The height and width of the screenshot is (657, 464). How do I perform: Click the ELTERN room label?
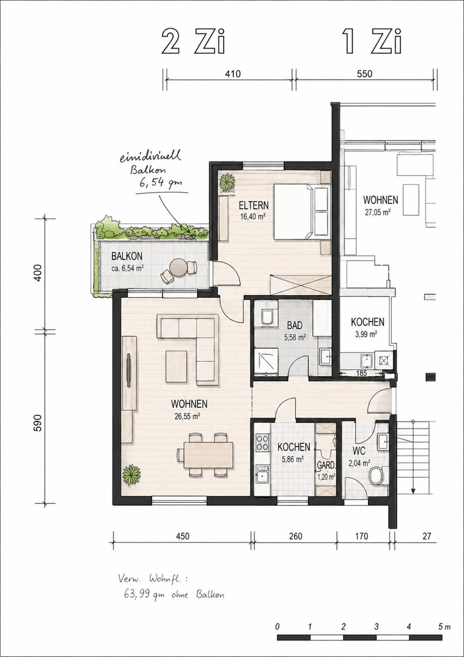pos(254,205)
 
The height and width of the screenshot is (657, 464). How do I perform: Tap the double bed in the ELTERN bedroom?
pos(301,212)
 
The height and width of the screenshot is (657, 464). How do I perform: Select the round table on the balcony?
pos(179,267)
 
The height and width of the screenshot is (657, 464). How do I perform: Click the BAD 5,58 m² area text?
pos(295,338)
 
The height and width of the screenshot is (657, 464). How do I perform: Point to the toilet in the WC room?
pos(376,476)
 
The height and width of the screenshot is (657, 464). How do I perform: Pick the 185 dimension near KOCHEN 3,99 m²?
pos(362,373)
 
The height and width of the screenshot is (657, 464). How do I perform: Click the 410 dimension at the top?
pos(233,73)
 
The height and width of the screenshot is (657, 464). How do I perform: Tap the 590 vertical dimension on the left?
pos(38,423)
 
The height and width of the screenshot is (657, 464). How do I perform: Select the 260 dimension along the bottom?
pos(295,536)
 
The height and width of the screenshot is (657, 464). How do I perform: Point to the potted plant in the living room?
pos(131,475)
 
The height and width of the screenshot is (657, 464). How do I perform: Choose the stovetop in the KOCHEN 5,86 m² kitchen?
pos(262,442)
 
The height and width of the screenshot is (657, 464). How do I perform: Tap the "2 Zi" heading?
pos(193,42)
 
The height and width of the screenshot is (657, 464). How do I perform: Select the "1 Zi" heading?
pos(372,42)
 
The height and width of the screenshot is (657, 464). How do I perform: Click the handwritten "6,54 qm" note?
pos(161,184)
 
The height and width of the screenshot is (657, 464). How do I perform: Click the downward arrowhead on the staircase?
pos(413,489)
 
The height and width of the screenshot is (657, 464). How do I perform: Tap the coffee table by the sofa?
pos(176,367)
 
